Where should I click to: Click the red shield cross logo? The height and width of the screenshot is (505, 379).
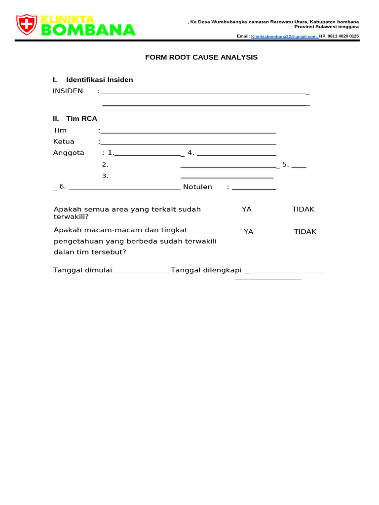[x=27, y=24]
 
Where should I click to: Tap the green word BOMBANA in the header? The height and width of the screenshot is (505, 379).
[x=88, y=30]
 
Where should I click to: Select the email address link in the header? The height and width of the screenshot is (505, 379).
[x=285, y=36]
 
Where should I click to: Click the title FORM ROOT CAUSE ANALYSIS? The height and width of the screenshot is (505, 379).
[x=201, y=57]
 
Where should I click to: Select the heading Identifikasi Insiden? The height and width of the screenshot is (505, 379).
[x=99, y=79]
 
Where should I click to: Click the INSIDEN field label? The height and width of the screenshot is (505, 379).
[x=68, y=91]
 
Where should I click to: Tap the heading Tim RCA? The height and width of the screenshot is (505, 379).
[x=81, y=118]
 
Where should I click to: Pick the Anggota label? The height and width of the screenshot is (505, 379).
[x=69, y=153]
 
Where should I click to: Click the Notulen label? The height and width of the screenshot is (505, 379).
[x=197, y=187]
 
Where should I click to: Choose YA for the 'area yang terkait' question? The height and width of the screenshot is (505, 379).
[x=247, y=209]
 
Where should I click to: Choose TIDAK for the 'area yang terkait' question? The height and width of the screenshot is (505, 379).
[x=303, y=209]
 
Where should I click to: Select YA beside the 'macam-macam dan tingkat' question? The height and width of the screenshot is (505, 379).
[x=248, y=232]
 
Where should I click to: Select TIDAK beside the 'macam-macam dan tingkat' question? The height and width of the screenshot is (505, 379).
[x=305, y=232]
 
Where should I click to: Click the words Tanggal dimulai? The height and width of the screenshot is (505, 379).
[x=82, y=270]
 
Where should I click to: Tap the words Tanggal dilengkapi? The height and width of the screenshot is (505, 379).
[x=206, y=270]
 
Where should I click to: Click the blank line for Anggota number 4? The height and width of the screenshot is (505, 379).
[x=236, y=154]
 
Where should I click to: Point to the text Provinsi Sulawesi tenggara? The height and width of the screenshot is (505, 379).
[x=330, y=27]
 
